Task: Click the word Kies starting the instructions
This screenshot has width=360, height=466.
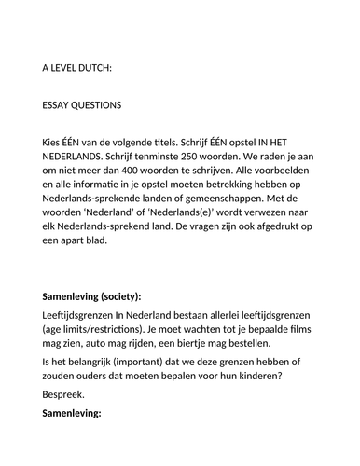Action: pyautogui.click(x=54, y=142)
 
